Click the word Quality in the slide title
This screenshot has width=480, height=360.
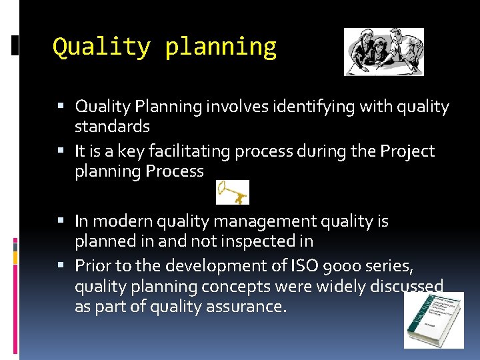101,47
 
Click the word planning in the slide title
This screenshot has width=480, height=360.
221,48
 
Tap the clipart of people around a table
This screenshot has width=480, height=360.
383,51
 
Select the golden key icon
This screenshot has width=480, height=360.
233,192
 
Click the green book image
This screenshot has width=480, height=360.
434,321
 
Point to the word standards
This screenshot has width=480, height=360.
112,126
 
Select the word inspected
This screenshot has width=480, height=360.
252,241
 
